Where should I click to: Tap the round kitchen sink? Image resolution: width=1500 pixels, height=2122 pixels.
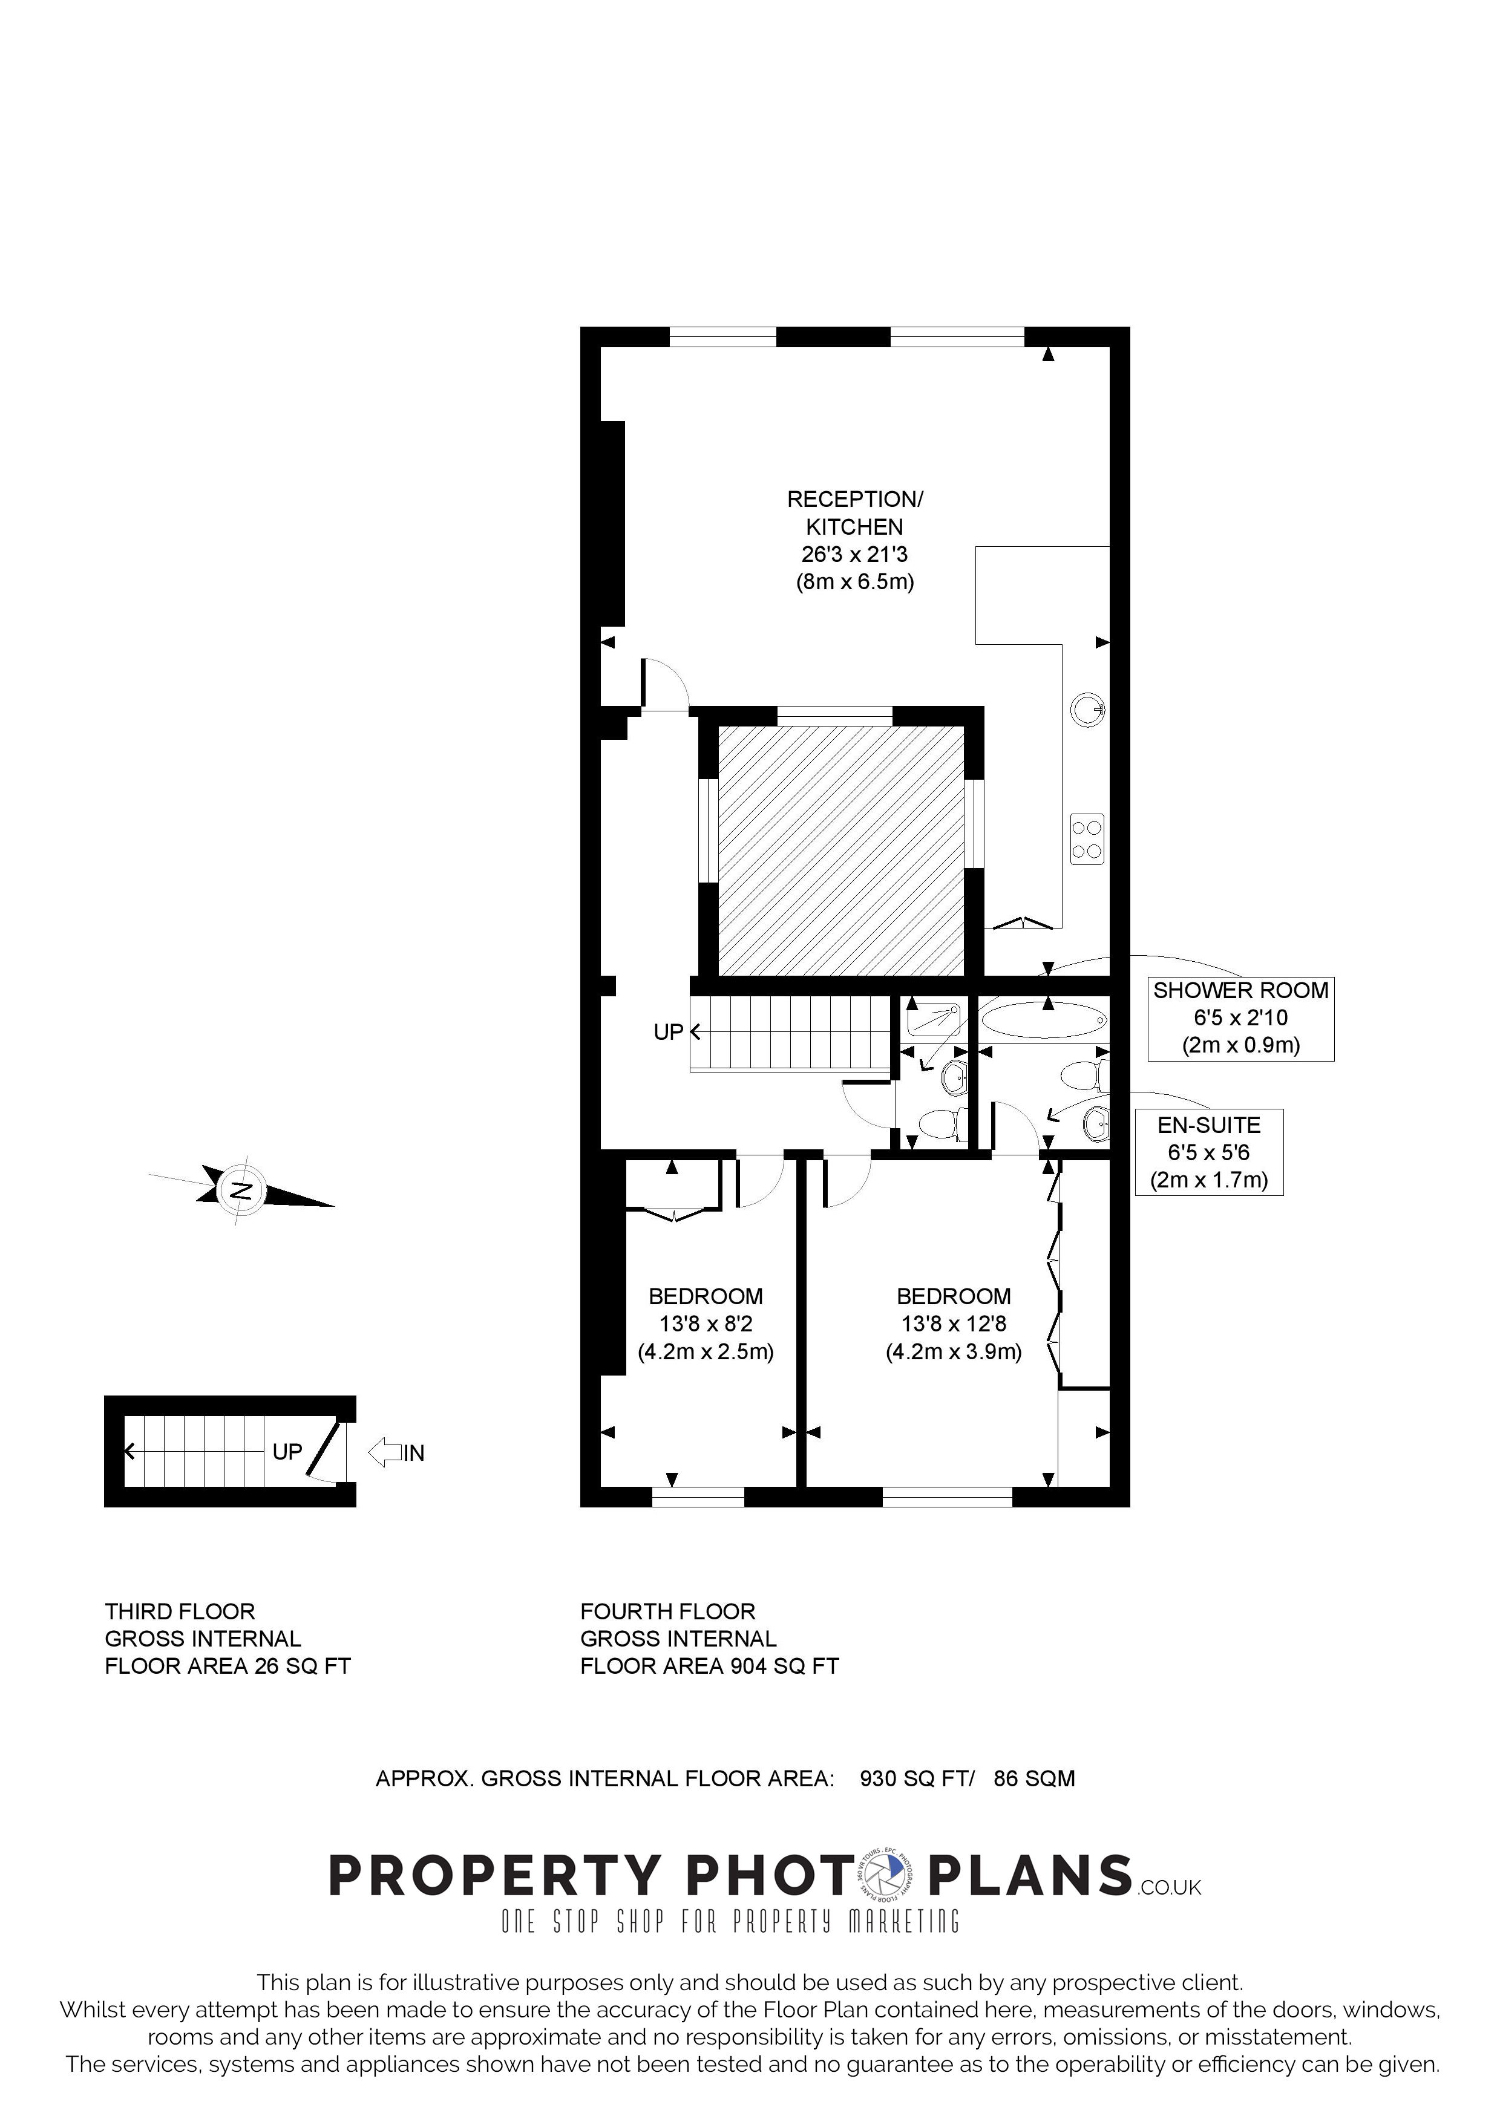click(x=1089, y=710)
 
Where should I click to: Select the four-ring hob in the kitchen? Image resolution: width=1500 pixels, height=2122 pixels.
click(x=1087, y=839)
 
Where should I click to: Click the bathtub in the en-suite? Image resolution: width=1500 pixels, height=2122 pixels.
click(x=1043, y=1020)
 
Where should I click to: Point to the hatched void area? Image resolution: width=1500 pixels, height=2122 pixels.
click(x=841, y=850)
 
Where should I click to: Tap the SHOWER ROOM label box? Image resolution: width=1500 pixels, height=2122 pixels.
click(x=1240, y=1017)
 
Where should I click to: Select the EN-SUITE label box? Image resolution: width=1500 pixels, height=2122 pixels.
click(x=1209, y=1152)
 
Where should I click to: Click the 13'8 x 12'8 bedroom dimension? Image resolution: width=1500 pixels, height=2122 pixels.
click(x=954, y=1324)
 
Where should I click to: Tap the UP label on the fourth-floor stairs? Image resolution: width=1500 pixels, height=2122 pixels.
click(x=668, y=1031)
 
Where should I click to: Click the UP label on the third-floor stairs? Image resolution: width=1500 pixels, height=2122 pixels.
click(x=287, y=1451)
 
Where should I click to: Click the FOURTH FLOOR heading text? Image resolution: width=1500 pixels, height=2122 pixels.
click(x=667, y=1612)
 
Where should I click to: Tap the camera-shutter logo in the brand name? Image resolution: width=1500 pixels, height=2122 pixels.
click(x=888, y=1877)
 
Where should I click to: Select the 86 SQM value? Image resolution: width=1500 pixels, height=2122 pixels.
click(x=1034, y=1778)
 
